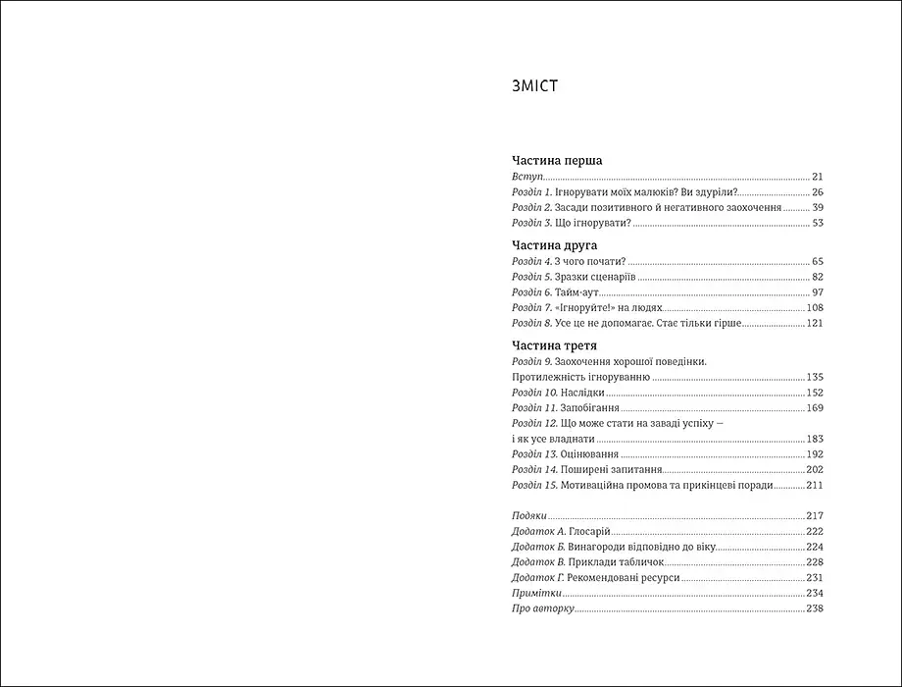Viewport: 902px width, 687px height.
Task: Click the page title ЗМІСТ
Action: (534, 87)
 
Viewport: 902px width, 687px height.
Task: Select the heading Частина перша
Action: (557, 159)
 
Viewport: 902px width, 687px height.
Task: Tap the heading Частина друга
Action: (555, 244)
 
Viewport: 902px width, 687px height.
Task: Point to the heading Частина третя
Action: (555, 345)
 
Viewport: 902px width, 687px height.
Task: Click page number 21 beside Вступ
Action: (817, 177)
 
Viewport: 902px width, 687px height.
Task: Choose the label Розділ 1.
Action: (532, 192)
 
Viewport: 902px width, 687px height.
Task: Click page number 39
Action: (817, 208)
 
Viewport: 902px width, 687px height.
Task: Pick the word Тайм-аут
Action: (578, 292)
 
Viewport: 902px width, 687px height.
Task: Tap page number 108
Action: (814, 307)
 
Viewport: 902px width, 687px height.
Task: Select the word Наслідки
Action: (582, 393)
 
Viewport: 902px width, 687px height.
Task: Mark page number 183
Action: (814, 439)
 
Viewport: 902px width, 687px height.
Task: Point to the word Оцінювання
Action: (590, 454)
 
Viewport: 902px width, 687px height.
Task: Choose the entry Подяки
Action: (528, 516)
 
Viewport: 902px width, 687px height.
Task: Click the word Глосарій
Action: (590, 531)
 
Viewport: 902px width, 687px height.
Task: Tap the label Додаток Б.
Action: (537, 547)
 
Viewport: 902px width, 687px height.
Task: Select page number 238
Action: (814, 609)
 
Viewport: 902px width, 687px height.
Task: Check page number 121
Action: (814, 323)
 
